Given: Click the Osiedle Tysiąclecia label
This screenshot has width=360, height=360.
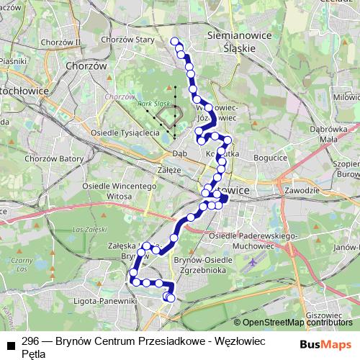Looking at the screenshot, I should coord(125,133).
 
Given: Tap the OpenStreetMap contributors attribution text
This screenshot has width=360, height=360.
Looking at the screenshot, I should coord(296,323).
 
